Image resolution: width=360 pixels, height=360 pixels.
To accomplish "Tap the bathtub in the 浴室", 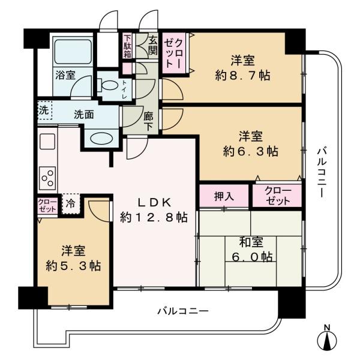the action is tap(73, 52).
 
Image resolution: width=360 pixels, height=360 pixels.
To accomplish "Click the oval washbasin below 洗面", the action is tap(101, 139).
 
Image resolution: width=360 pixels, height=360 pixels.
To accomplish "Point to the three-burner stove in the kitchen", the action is tap(47, 178).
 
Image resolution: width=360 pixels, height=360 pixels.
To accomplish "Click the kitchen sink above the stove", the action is tap(47, 142).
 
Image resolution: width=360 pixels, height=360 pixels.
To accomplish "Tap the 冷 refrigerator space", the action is tap(71, 203).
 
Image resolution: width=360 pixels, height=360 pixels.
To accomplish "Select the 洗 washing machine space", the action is tap(44, 110).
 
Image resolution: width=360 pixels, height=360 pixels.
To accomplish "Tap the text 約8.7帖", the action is tap(242, 75).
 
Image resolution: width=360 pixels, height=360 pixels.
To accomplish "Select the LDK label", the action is tap(154, 202).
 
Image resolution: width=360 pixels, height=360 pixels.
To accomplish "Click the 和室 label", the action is tap(251, 242).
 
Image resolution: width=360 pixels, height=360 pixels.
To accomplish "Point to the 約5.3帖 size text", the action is tap(73, 266).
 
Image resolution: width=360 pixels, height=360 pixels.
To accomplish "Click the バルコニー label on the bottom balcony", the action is tap(183, 311).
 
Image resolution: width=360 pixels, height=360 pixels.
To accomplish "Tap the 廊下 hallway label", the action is tap(148, 122).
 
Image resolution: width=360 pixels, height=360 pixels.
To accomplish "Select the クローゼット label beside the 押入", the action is tap(278, 196).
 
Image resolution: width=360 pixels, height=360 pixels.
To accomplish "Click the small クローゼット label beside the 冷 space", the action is tap(47, 205).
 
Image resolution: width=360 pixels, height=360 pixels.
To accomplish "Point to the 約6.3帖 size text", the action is tap(250, 151).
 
